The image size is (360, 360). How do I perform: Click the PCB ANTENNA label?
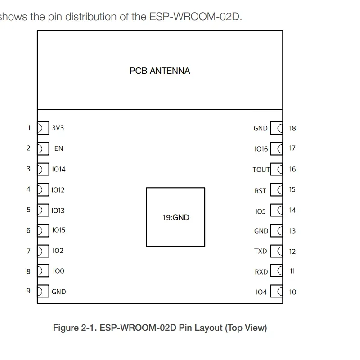pos(160,71)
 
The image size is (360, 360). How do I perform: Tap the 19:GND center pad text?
pos(175,217)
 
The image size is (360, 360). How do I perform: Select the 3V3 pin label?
pos(58,128)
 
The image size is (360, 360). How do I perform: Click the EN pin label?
pos(58,148)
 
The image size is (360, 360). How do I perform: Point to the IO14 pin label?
pos(58,169)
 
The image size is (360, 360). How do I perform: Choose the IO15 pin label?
pos(58,230)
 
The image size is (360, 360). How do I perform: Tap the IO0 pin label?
pos(58,271)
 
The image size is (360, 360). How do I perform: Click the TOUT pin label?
pos(261,170)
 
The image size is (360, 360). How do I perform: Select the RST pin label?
pos(261,190)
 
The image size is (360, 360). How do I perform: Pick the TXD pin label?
pos(261,251)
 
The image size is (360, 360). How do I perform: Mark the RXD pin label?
pos(261,272)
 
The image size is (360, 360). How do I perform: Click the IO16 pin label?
pos(261,149)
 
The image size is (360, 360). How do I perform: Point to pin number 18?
pos(292,128)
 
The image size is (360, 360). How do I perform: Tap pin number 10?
pos(292,292)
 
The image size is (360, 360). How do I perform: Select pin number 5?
pos(28,210)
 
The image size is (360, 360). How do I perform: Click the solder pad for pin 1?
pos(42,128)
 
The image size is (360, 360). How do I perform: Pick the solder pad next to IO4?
pos(277,292)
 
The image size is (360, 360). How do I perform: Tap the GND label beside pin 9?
pos(58,292)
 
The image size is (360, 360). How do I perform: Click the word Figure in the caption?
pos(66,328)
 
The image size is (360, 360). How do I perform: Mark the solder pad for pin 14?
pos(277,210)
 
